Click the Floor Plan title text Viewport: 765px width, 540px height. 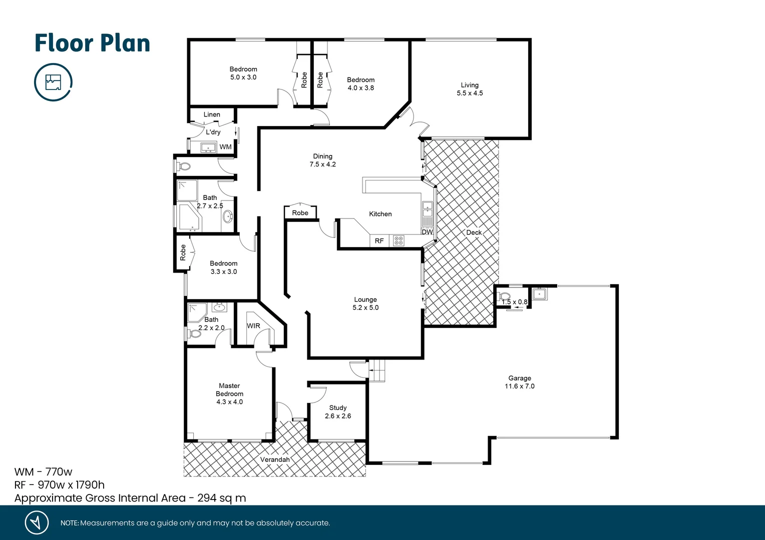point(92,43)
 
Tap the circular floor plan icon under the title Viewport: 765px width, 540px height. point(53,82)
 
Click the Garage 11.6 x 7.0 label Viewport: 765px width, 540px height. point(519,382)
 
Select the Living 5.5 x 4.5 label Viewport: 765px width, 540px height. point(470,89)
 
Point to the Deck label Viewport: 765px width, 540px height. point(474,232)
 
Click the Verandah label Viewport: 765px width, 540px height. point(275,459)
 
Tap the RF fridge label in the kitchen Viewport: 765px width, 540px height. point(379,241)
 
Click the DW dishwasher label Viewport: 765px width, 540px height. point(427,232)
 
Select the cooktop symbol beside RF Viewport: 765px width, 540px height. point(399,241)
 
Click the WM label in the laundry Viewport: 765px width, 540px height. point(225,147)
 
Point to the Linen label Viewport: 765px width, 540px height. point(212,114)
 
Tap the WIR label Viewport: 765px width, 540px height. point(253,326)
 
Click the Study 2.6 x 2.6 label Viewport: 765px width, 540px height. point(338,412)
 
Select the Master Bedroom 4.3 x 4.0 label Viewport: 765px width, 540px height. point(229,393)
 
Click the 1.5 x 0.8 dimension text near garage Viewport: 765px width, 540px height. point(515,302)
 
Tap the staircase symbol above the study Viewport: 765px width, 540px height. point(378,370)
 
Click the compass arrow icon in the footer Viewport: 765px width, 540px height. point(37,522)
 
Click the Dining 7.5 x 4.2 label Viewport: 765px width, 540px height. point(322,160)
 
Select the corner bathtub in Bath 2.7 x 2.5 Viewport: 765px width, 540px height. point(189,217)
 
